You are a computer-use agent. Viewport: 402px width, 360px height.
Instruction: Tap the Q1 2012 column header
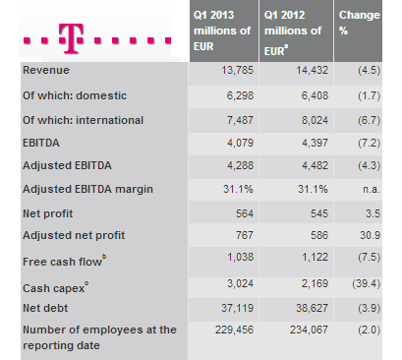(293, 30)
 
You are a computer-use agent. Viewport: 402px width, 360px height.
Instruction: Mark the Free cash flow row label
(61, 262)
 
